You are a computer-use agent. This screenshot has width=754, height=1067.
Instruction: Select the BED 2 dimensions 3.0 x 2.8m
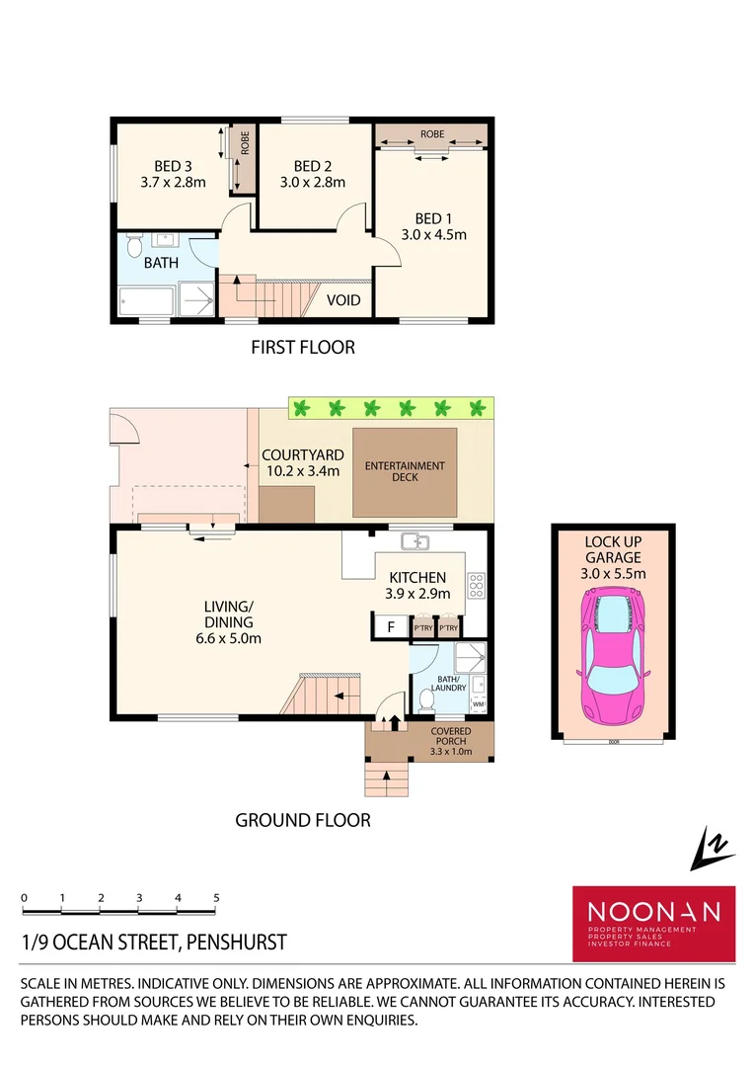point(312,182)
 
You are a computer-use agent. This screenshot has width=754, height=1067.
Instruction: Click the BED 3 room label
point(172,165)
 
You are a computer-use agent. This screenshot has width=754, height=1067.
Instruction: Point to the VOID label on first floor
point(343,300)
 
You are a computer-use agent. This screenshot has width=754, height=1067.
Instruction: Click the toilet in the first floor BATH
point(135,242)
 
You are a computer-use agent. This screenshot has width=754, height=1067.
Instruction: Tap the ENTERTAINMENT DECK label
point(405,471)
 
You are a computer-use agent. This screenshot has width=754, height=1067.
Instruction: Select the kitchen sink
point(415,541)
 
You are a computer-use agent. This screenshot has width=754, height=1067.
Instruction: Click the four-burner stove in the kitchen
point(476,585)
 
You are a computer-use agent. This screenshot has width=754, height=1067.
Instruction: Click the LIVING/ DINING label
point(229,614)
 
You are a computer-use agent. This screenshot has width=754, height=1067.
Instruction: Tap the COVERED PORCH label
point(451,736)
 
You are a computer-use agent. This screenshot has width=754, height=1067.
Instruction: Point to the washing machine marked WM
point(479,704)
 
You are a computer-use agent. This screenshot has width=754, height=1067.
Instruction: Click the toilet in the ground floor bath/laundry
point(426,700)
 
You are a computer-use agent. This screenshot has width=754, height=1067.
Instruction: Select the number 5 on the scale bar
point(216,897)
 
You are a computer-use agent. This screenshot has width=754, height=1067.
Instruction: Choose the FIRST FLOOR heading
point(302,347)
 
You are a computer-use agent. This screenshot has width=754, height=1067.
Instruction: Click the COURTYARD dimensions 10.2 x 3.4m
point(303,471)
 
